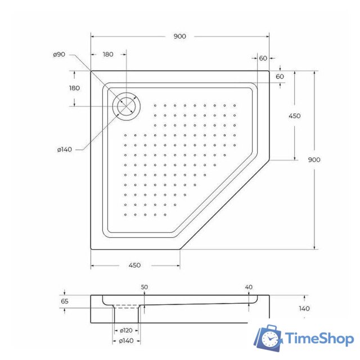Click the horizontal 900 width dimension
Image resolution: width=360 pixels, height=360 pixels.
(x=179, y=37)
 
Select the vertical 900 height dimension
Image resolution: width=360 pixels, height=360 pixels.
(x=314, y=160)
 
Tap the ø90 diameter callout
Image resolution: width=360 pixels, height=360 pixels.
(x=59, y=55)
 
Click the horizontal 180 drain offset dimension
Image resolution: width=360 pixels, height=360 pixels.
(x=108, y=55)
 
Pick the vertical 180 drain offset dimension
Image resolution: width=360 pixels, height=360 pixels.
(x=74, y=88)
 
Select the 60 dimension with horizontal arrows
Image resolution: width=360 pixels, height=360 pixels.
(x=263, y=58)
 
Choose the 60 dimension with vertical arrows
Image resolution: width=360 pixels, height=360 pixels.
(x=280, y=76)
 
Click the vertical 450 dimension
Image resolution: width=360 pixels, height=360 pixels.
(x=294, y=116)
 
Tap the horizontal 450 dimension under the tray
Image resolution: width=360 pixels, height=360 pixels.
(x=134, y=265)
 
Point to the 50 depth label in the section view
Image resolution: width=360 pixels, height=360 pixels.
(x=144, y=287)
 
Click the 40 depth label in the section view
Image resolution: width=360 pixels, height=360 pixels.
(x=249, y=287)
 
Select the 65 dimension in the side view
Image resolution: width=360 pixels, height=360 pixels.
(x=65, y=301)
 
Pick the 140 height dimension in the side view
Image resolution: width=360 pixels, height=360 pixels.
(x=304, y=308)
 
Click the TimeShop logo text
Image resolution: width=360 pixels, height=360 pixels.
(x=319, y=339)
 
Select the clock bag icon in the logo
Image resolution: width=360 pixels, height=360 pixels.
(x=269, y=338)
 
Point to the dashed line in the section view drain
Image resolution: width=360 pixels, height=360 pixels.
(x=127, y=307)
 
